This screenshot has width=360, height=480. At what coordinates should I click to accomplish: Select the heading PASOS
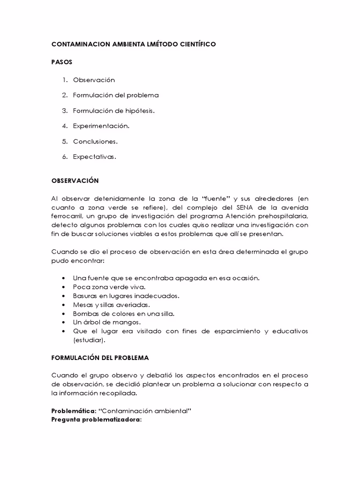[x=61, y=62]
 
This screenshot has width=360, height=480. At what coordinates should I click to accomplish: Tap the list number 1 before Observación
[x=65, y=80]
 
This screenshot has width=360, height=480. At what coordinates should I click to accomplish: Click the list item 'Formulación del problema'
[x=115, y=95]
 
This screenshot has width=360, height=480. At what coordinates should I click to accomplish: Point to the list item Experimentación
[x=100, y=126]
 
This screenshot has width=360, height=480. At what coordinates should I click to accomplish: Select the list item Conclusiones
[x=95, y=142]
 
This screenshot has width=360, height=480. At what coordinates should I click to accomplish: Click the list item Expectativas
[x=94, y=157]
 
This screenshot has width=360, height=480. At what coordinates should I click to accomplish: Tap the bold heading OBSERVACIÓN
[x=75, y=180]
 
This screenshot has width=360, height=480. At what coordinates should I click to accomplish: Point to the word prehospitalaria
[x=282, y=216]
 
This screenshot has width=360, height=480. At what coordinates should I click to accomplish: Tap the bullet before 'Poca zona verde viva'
[x=63, y=287]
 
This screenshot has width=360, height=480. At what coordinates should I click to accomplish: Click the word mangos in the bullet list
[x=128, y=322]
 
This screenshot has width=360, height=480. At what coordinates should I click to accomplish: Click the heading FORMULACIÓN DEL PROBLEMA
[x=100, y=358]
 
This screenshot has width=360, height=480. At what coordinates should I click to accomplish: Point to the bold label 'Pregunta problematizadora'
[x=96, y=419]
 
